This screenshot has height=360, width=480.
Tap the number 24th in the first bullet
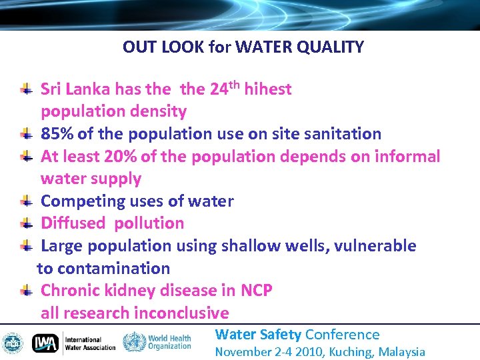224,88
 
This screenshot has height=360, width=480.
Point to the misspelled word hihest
268,89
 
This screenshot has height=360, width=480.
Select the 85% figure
57,134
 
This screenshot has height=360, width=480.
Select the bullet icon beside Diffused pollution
25,223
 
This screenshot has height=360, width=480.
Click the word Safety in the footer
280,335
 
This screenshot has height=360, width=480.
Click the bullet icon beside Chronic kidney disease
25,290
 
